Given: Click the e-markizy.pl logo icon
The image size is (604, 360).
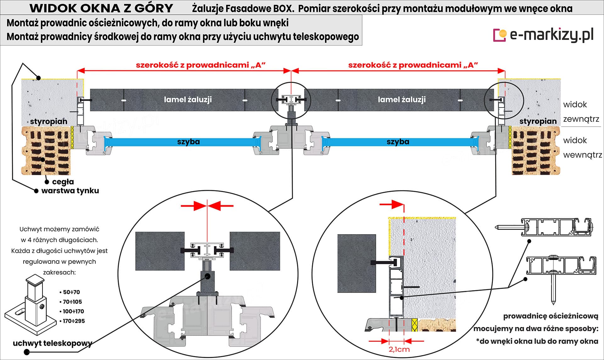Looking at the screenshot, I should point(500,35).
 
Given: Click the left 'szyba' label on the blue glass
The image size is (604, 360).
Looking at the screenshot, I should point(188,142).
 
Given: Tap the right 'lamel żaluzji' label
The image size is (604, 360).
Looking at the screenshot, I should point(402,100).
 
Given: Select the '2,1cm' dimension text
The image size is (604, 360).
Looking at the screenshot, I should point(399,349).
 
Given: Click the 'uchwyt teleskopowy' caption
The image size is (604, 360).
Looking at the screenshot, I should point(53,343).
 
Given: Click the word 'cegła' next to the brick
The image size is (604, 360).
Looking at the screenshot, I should point(63,182).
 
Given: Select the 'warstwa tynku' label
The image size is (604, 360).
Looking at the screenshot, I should point(70,191).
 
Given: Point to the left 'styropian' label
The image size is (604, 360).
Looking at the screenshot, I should point(49,121).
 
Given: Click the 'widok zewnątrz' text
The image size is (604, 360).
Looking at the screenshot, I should point(581,112).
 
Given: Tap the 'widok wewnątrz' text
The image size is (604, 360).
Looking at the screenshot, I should point(582,147).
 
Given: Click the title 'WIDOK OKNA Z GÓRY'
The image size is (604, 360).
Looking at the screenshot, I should point(101,8).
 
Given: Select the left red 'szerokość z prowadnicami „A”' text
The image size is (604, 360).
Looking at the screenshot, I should point(201,65).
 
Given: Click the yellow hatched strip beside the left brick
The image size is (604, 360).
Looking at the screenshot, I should point(72,137).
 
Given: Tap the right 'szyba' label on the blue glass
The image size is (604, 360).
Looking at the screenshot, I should point(398,142).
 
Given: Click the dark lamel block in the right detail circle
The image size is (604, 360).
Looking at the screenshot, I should point(356,263).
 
